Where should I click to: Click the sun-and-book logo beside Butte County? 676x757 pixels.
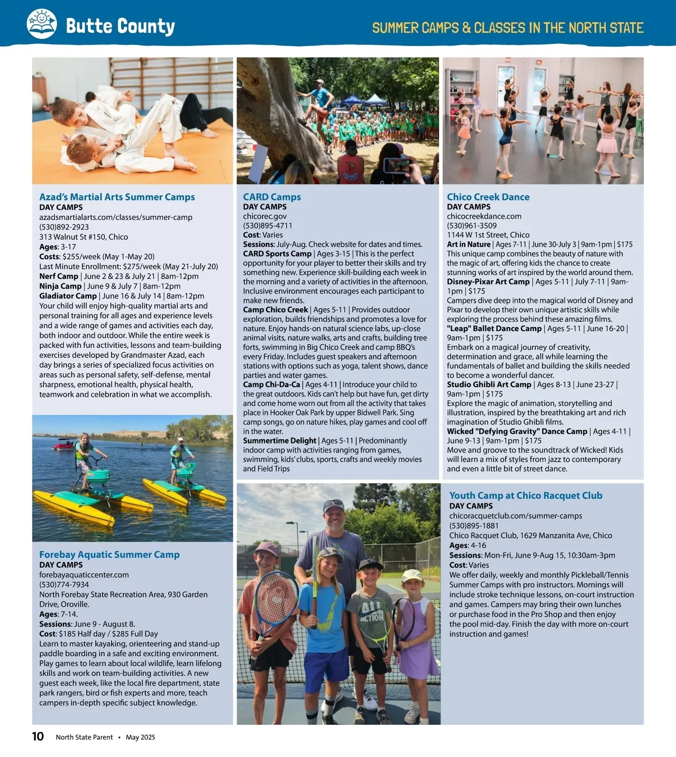coord(42,24)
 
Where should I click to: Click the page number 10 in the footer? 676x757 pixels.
coord(38,736)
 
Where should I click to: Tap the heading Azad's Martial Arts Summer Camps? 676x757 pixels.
coord(117,197)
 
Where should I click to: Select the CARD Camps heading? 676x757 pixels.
coord(272,197)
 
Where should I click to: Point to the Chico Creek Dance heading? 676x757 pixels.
coord(488,197)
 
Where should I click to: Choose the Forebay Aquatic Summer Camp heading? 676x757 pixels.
coord(109,554)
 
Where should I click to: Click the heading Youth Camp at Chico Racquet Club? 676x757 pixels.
coord(526,495)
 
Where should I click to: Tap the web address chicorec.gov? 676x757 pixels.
coord(265,216)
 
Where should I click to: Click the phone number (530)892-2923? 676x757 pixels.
coord(64,227)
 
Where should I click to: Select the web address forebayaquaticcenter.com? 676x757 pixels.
coord(84,575)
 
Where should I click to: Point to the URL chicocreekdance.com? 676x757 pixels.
coord(484,216)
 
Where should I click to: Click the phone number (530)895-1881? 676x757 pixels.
coord(474,526)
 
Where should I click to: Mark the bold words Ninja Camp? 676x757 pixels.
coord(60,286)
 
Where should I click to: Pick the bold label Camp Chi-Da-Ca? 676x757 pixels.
coord(272,384)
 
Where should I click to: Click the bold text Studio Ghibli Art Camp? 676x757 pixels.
coord(489,384)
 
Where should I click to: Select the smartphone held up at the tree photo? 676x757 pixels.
coord(396,165)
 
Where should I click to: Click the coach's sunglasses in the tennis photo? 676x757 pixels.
coord(333,503)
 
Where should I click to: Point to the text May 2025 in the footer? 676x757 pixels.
coord(140,737)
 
